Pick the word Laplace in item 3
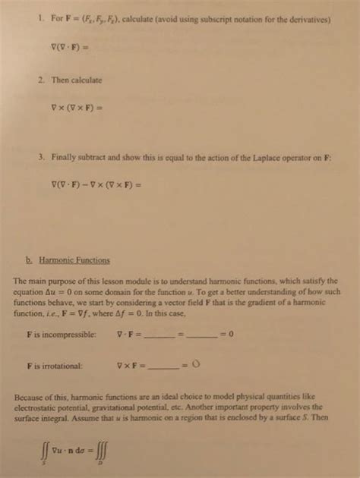tap(274, 156)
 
